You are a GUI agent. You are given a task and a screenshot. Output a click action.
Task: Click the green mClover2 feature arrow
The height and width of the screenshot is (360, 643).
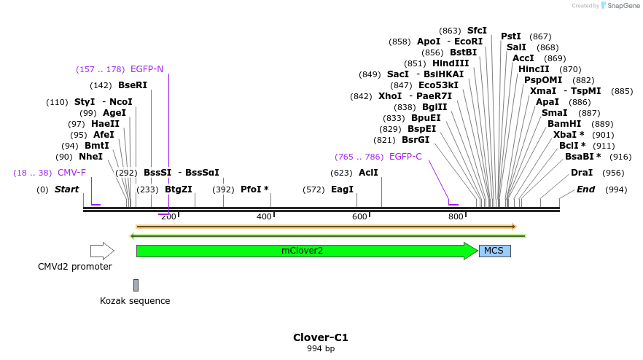[x=303, y=251]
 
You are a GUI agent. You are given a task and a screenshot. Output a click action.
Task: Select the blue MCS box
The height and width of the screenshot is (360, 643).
[x=494, y=251]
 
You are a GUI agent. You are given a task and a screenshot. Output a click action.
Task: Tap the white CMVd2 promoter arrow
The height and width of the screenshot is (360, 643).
[x=102, y=251]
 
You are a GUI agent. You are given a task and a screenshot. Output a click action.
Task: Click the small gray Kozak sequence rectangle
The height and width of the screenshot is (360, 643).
[x=136, y=285]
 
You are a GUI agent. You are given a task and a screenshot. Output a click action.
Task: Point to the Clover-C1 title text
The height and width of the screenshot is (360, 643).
[x=321, y=337]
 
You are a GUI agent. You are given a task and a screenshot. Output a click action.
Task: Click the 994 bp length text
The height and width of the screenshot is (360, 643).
[x=321, y=349]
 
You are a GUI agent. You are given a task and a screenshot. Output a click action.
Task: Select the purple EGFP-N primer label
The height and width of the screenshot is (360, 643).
[x=147, y=69]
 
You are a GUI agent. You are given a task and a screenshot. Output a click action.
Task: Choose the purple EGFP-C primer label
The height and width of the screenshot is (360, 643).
[x=405, y=157]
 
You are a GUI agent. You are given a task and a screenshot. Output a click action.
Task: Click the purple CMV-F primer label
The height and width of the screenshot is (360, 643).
[x=71, y=173]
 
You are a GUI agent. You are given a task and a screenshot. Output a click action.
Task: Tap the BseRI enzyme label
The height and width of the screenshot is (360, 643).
[x=133, y=85]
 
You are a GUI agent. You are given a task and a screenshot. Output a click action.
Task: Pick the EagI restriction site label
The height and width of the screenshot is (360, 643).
[x=342, y=189]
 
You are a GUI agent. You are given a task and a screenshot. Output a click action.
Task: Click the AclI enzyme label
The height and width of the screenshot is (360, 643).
[x=368, y=173]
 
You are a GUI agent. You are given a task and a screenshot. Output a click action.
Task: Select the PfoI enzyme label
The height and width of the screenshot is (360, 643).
[x=254, y=189]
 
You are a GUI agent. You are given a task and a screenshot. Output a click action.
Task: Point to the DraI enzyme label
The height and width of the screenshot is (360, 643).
[x=582, y=173]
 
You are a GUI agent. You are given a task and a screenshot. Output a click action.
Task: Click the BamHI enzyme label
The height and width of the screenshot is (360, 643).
[x=564, y=124]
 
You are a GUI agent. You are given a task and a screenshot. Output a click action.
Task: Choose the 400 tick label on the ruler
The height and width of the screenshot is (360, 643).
[x=264, y=216]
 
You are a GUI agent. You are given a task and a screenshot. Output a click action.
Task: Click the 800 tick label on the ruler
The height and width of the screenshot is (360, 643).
[x=456, y=216]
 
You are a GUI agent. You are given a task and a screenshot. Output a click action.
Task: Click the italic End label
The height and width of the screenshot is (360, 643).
[x=585, y=189]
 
